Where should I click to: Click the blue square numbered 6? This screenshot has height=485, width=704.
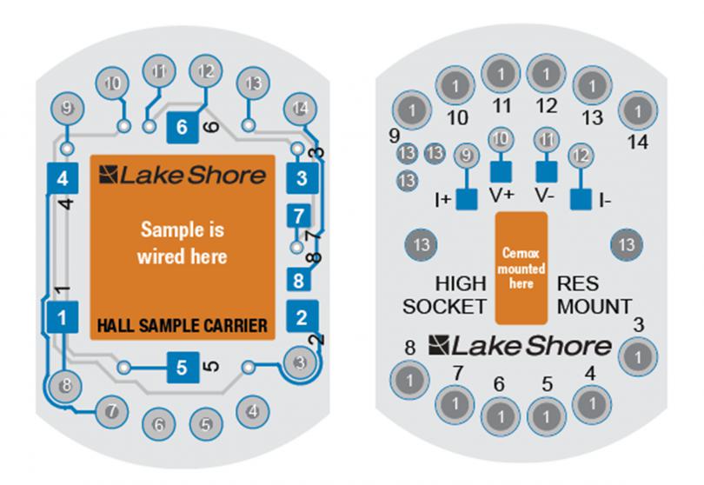(181, 126)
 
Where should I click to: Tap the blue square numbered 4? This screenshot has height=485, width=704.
(60, 179)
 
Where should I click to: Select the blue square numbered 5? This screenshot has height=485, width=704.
(181, 367)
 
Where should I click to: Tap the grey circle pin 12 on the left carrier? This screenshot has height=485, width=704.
(206, 70)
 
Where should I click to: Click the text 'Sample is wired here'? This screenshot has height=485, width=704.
(183, 244)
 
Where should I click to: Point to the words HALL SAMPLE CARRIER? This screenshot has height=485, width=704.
(182, 326)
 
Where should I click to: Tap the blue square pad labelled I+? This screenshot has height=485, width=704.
(467, 198)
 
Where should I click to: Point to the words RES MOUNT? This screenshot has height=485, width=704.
(594, 296)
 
